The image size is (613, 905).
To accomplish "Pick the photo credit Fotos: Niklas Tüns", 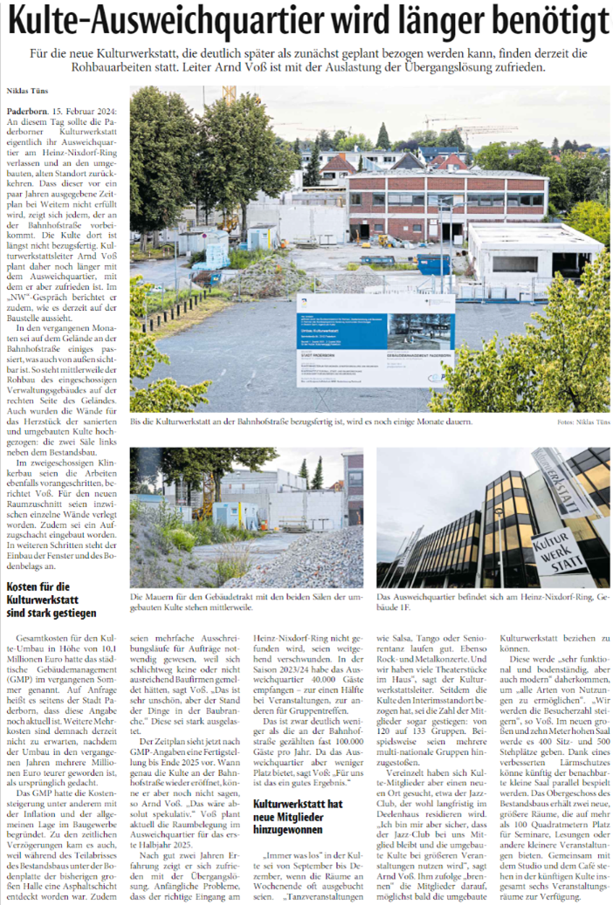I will (579, 423).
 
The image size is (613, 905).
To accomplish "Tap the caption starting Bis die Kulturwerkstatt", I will (301, 422).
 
